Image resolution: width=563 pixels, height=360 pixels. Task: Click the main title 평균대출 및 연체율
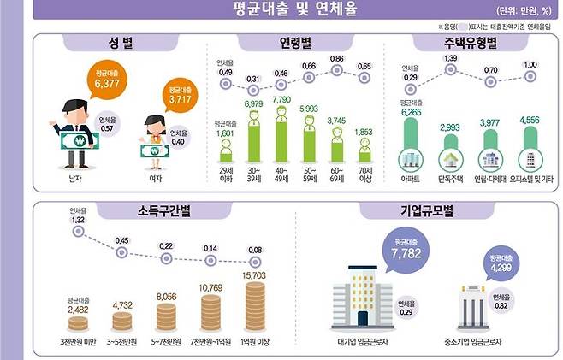(x=281, y=10)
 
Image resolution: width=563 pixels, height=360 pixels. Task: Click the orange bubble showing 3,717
(x=180, y=95)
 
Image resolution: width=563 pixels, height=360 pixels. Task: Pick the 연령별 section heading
(x=295, y=43)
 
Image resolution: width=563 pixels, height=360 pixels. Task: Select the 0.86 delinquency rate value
(x=336, y=60)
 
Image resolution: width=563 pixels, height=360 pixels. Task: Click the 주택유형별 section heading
(x=468, y=43)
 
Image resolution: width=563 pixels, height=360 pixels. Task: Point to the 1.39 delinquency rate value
(x=450, y=58)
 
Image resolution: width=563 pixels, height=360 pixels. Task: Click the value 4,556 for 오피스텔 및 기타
(x=531, y=131)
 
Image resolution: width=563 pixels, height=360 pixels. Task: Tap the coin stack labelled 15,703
(x=256, y=304)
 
